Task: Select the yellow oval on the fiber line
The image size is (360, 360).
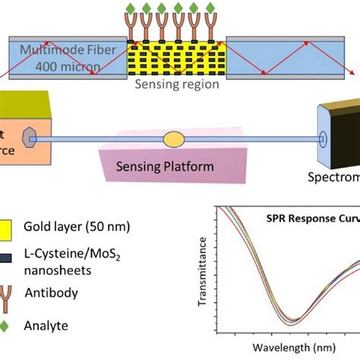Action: (x=173, y=139)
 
